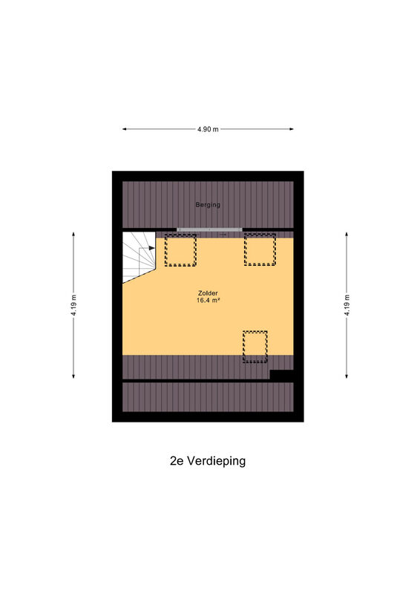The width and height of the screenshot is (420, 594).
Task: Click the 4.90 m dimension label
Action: (x=208, y=129)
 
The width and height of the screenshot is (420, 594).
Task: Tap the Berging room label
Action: (x=208, y=205)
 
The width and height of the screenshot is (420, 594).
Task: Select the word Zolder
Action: (x=208, y=293)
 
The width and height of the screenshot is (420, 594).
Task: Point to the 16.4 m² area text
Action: (x=208, y=301)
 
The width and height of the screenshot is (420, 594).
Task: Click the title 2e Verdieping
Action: (x=208, y=461)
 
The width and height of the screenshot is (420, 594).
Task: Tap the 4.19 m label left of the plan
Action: (x=73, y=305)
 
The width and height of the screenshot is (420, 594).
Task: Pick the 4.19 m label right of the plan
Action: (x=347, y=305)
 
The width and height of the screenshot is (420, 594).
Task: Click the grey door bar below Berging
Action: (x=209, y=229)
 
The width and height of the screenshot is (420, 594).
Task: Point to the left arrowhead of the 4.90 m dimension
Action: (x=124, y=129)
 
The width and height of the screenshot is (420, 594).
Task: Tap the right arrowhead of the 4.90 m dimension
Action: (x=292, y=129)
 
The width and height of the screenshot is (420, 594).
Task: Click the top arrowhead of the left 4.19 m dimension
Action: (x=73, y=234)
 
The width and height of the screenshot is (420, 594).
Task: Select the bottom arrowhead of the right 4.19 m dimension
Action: (x=347, y=376)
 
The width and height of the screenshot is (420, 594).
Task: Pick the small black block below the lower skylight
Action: (x=282, y=375)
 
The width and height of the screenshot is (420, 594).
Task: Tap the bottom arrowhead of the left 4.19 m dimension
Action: (x=73, y=376)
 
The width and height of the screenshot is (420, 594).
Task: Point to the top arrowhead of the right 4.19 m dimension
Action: (x=347, y=234)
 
